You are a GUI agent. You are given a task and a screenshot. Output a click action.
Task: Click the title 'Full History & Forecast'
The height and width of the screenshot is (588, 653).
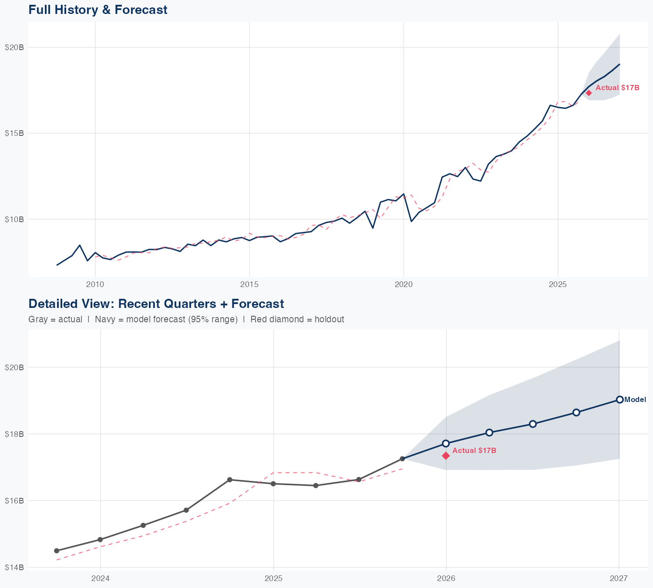(x=98, y=10)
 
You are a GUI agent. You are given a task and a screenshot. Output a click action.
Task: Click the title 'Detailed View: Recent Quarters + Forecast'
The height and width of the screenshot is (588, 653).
(x=156, y=304)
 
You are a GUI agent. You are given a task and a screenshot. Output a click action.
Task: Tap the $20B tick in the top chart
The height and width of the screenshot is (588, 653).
(x=14, y=47)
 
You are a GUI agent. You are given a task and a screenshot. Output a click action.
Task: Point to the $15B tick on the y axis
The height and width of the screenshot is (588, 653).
(x=14, y=133)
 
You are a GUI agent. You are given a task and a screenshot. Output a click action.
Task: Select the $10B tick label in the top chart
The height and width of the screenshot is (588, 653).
(x=14, y=219)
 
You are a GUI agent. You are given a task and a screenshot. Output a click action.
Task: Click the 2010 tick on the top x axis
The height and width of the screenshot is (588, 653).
(x=95, y=284)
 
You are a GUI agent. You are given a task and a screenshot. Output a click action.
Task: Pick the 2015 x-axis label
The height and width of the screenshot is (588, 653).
(x=249, y=284)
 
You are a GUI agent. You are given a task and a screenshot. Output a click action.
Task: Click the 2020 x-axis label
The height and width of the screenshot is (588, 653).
(x=404, y=284)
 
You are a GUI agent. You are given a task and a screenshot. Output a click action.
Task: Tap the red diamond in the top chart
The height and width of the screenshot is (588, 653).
(x=589, y=92)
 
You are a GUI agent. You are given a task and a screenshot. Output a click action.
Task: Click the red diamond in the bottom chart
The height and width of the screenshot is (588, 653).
(x=446, y=456)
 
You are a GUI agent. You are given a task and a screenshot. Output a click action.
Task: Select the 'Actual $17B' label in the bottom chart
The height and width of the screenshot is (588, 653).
(x=474, y=450)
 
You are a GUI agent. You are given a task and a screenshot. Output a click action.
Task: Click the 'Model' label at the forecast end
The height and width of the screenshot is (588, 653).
(x=635, y=400)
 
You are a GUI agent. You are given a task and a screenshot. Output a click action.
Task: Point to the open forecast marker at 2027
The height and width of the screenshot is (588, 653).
(x=619, y=399)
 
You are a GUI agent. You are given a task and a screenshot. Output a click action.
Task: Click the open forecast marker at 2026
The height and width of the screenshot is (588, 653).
(x=446, y=443)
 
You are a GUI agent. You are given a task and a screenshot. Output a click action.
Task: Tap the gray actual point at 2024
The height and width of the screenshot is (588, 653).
(x=100, y=540)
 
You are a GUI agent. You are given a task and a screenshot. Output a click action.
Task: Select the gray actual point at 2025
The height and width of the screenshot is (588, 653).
(x=273, y=483)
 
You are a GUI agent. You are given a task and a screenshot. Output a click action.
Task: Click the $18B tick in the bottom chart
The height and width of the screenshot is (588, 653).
(x=14, y=434)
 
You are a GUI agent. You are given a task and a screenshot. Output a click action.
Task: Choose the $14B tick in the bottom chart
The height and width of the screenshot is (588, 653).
(x=14, y=568)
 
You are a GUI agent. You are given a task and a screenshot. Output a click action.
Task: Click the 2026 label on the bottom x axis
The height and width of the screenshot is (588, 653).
(x=446, y=578)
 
